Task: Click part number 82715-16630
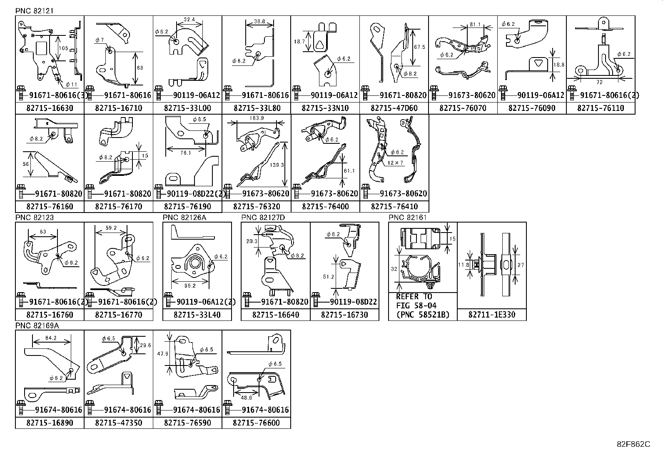[x=49, y=108]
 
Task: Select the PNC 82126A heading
[x=184, y=218]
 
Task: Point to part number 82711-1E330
[x=491, y=315]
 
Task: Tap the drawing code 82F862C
[x=633, y=444]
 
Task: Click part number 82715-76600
[x=257, y=423]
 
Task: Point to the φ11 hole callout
[x=72, y=85]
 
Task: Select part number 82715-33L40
[x=197, y=315]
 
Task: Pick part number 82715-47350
[x=118, y=423]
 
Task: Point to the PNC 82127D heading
[x=263, y=218]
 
